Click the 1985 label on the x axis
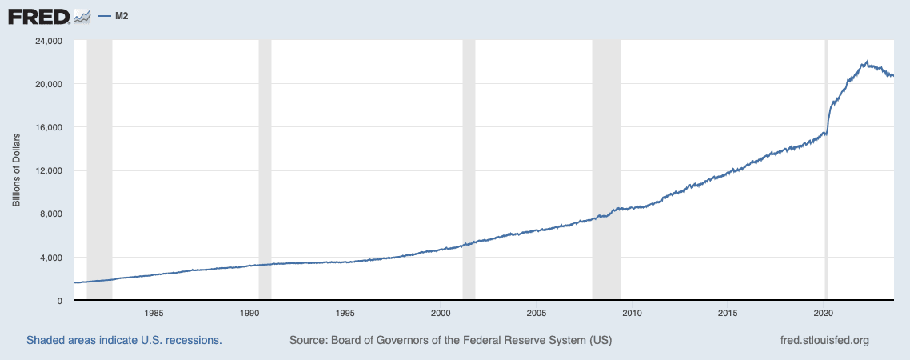tap(154, 312)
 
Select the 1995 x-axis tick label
tap(345, 312)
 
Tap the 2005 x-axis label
tap(537, 312)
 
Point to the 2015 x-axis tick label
tap(728, 312)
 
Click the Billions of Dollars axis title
tap(16, 170)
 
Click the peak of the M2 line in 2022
tap(868, 60)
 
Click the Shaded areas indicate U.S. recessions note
tap(124, 340)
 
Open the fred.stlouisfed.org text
tap(824, 340)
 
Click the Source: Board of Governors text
tap(450, 340)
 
